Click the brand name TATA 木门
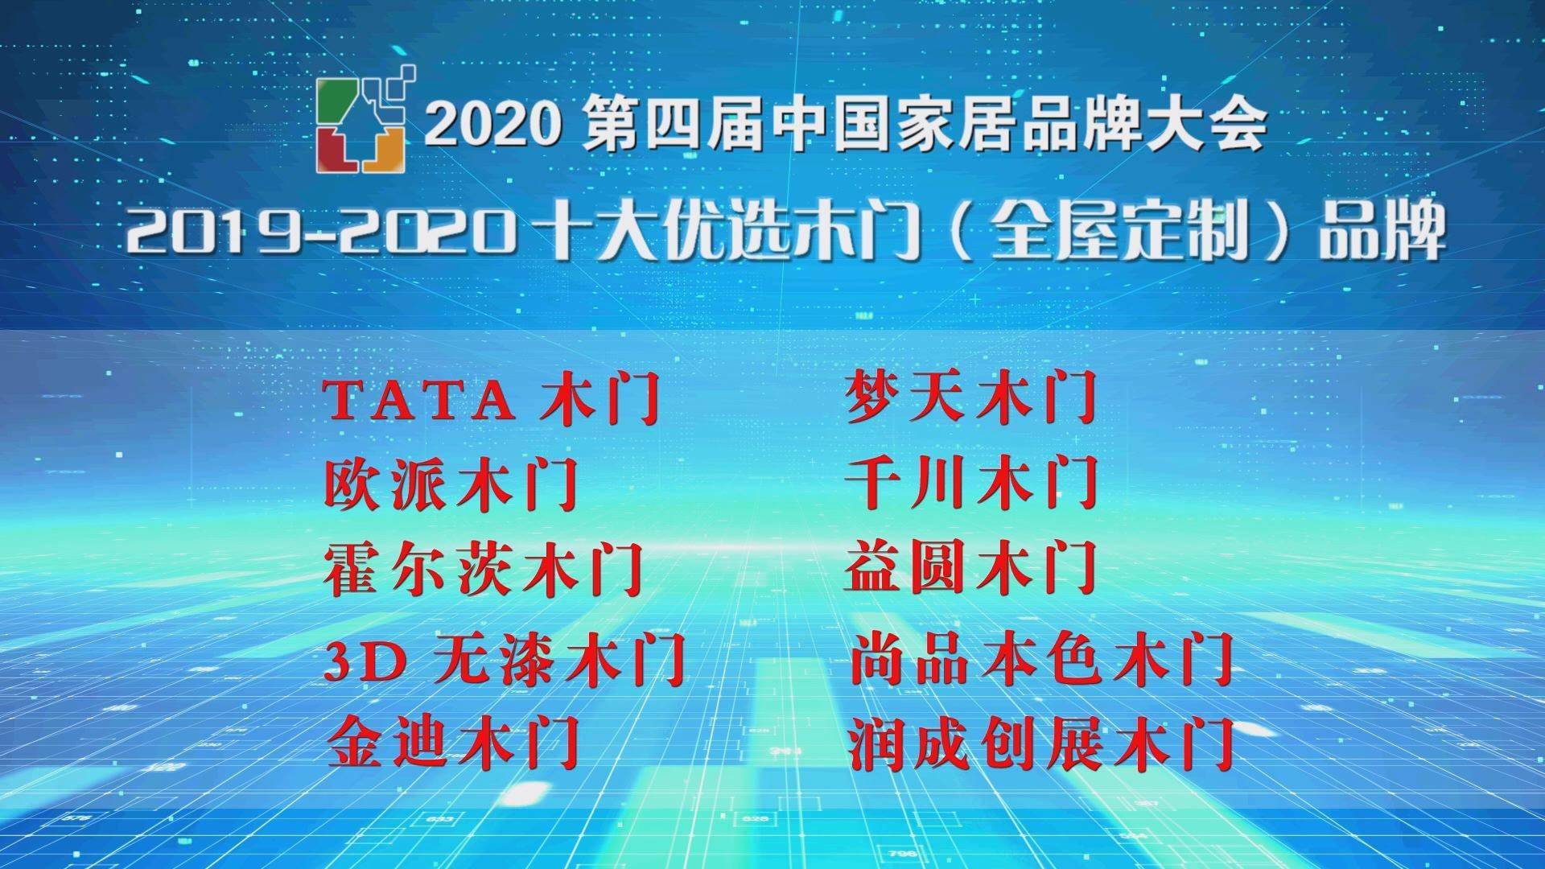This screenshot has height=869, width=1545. (492, 399)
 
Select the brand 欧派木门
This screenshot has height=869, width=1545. (451, 484)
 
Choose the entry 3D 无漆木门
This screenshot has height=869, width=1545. (505, 659)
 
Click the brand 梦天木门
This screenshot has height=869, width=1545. (971, 397)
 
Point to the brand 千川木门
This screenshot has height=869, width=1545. (971, 483)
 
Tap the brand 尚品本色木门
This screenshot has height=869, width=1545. (1042, 659)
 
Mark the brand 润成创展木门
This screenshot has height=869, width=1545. (1042, 743)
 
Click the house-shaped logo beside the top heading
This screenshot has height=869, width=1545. (367, 119)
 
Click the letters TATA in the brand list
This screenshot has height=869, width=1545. (419, 400)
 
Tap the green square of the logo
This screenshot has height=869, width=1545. (334, 100)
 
